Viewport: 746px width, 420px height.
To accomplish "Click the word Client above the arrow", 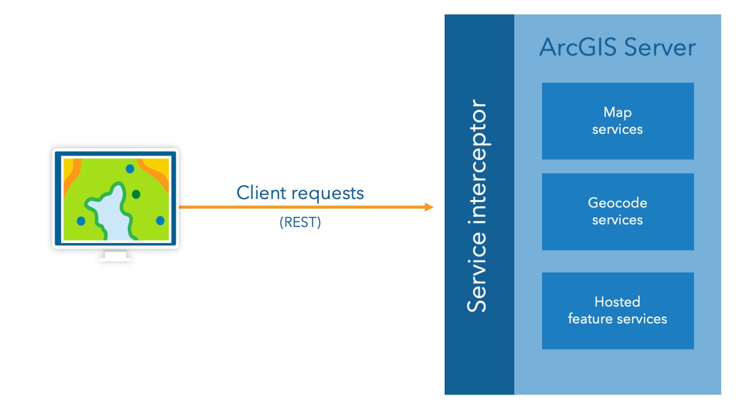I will (261, 193).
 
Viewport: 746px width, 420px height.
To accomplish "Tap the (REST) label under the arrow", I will (300, 222).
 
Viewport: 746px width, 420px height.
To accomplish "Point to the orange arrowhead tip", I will (431, 207).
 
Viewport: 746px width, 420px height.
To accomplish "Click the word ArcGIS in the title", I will (578, 47).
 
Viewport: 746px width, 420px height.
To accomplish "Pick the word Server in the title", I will (660, 47).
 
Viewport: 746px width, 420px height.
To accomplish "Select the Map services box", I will (617, 121).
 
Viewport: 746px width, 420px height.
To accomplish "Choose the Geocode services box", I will (617, 211).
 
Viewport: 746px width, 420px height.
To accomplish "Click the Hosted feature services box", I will (617, 311).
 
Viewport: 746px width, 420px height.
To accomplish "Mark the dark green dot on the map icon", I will (136, 194).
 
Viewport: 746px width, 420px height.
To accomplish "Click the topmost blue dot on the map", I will (130, 169).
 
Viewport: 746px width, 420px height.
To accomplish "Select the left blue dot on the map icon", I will (81, 220).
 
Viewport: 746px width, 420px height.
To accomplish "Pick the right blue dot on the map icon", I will (160, 220).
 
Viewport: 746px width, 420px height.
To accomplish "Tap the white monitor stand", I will (115, 256).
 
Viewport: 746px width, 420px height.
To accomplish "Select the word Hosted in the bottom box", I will (617, 302).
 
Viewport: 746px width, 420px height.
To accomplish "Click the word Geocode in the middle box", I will (617, 203).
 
